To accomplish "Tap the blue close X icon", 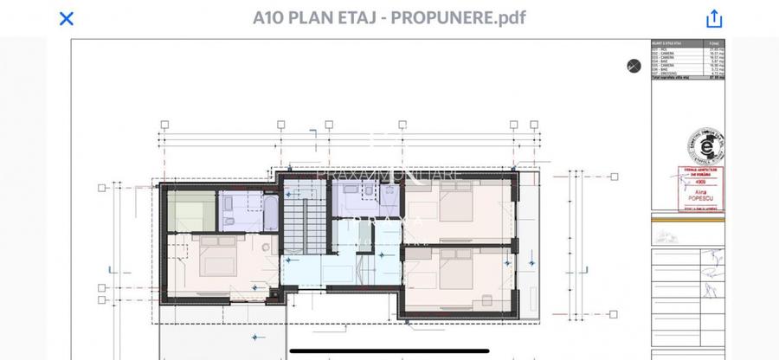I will pos(66,18).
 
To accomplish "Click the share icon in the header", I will pos(714,18).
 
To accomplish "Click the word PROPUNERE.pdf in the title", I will pos(459,17).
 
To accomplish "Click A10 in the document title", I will pos(268,17).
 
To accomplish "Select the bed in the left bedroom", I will pos(215,257).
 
